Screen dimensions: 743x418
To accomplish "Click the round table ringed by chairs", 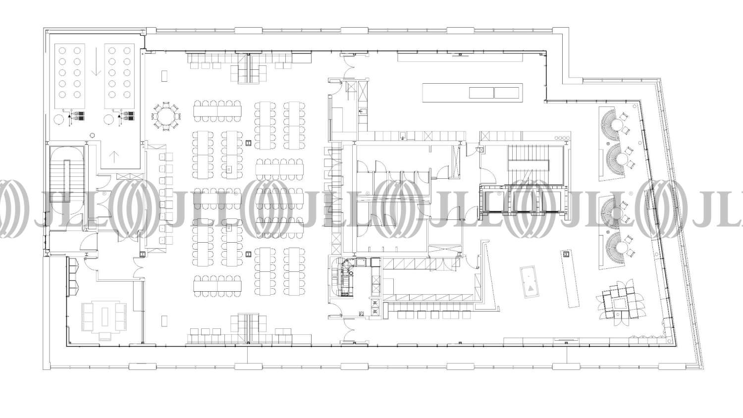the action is pos(166,116).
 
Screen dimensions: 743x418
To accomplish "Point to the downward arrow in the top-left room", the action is pos(96,62).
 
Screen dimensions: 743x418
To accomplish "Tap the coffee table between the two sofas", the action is pos(105,316).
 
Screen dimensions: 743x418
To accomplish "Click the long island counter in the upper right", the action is pos(473,93).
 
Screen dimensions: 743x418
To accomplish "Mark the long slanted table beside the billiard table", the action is pos(570,279).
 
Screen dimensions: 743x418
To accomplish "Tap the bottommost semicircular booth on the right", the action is pos(613,248).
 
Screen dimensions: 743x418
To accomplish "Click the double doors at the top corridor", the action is pos(348,66).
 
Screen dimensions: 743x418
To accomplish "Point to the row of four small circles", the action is pos(562,138).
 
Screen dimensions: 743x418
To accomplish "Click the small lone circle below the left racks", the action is pos(93,135).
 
